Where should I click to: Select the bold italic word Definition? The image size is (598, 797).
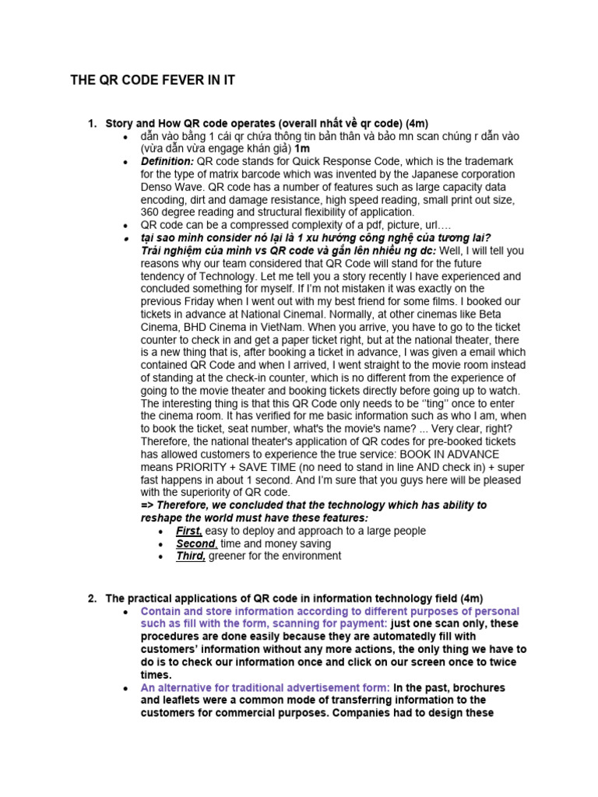point(167,161)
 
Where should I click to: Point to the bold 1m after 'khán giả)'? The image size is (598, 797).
point(303,149)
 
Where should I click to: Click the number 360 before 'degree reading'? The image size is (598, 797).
point(150,212)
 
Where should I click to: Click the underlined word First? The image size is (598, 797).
point(188,531)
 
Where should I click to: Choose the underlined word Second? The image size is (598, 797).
point(196,543)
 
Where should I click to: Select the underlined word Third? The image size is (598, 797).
point(191,556)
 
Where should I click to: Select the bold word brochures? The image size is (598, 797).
point(474,687)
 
